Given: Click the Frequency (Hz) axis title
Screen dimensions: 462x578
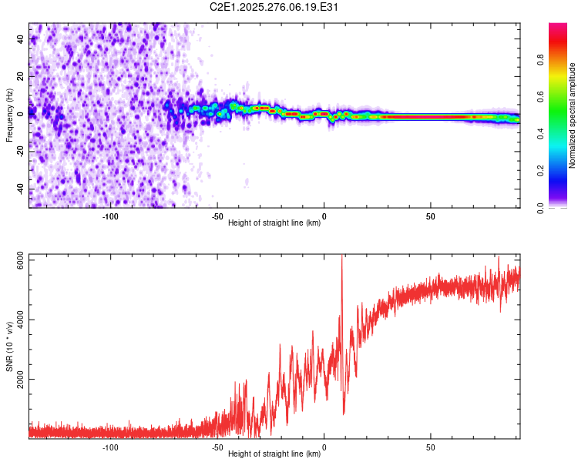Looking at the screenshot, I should (9, 115).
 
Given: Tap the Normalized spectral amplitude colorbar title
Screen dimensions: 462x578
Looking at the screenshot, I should (573, 115).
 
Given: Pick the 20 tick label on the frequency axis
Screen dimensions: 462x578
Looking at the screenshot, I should (21, 75).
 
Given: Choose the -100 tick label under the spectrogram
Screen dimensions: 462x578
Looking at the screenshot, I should (110, 216).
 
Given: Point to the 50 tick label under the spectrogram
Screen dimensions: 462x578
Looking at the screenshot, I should (431, 216).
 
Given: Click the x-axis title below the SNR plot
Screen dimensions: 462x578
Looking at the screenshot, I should (275, 455).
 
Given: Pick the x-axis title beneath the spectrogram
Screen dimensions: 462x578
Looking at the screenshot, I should (275, 223).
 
